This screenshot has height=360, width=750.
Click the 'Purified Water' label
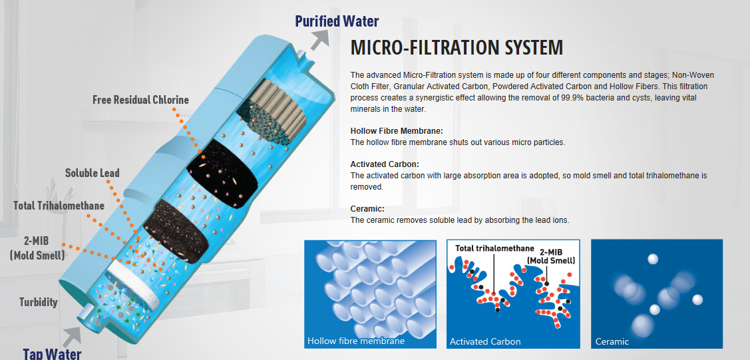point(337,21)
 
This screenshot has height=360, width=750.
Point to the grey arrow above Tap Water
point(73,336)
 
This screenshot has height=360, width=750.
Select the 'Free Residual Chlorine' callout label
point(140,100)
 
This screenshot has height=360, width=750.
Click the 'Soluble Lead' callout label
point(93,172)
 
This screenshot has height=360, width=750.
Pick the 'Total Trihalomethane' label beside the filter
point(59,206)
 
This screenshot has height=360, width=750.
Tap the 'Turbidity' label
point(39,302)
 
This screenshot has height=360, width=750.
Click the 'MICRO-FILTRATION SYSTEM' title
point(457,48)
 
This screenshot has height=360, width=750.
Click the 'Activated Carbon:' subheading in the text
point(385,164)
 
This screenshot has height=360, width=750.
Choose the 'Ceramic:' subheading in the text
point(367,209)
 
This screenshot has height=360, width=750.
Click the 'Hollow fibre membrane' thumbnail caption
point(356,341)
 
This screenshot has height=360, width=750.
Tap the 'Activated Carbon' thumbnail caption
point(485,341)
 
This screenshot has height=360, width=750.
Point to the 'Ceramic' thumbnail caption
point(612,341)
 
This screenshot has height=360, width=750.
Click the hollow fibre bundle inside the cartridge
point(272,113)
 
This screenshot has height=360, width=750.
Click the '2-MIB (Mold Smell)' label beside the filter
point(37,248)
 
